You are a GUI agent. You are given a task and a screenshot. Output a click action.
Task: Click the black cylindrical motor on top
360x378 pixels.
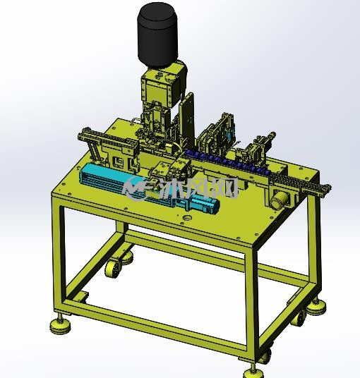click(158, 35)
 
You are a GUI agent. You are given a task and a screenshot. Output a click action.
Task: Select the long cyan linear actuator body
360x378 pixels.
click(135, 183)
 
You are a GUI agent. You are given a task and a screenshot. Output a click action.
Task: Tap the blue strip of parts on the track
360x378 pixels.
click(228, 160)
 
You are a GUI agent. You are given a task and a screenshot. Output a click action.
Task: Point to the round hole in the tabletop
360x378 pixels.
click(187, 218)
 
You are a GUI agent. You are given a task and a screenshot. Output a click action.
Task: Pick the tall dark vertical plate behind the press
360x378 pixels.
click(187, 121)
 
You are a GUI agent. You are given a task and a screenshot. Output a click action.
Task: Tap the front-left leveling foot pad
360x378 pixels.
click(60, 325)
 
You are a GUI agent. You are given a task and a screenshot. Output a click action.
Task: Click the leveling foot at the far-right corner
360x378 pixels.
click(316, 307)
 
